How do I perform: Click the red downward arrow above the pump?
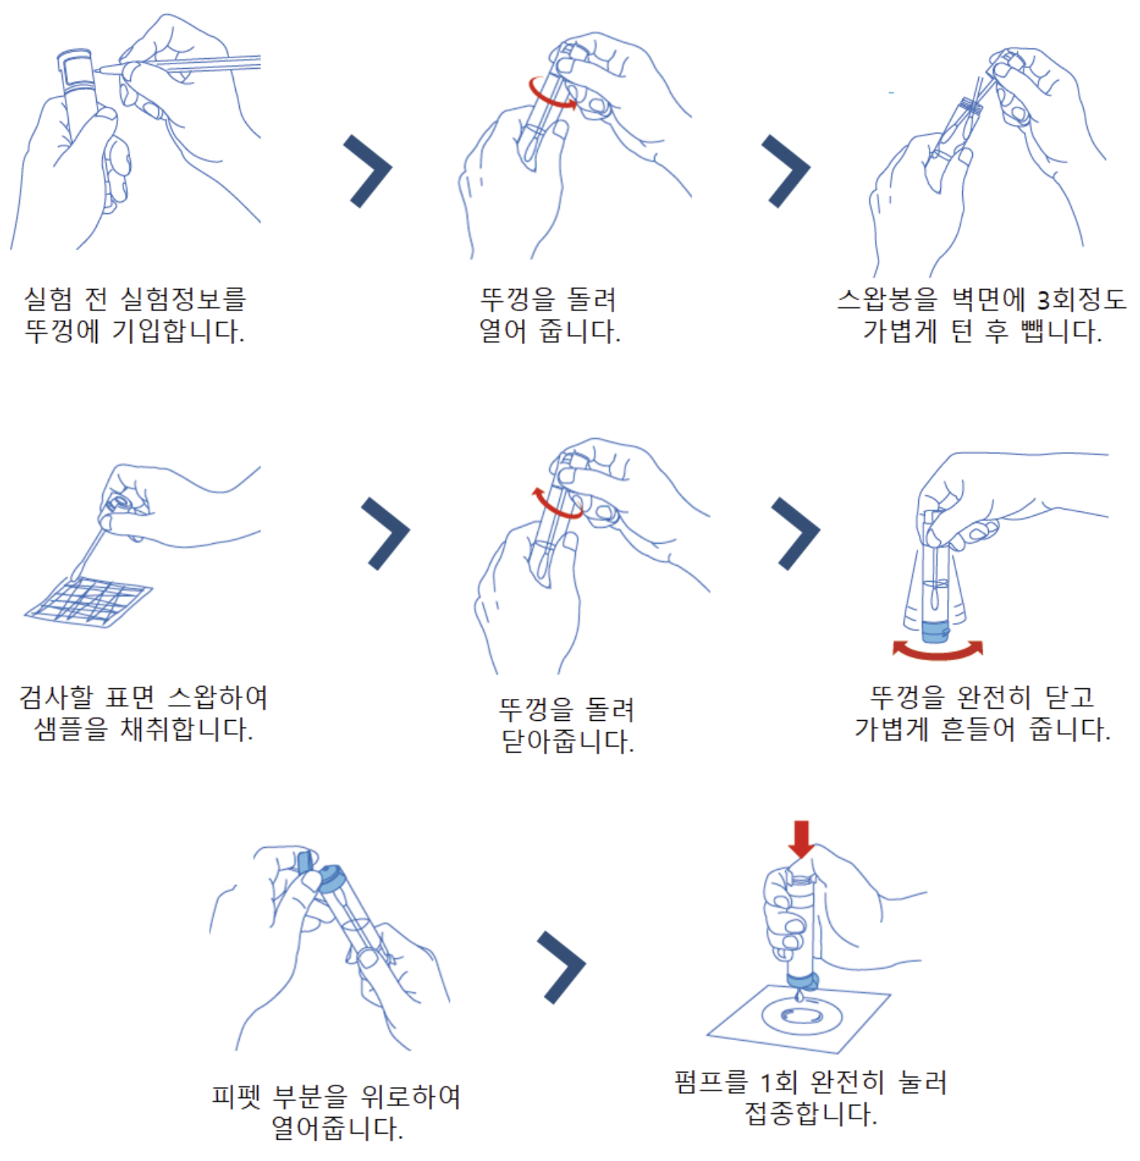(800, 839)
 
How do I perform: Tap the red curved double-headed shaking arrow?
(937, 651)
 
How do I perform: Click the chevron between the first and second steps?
(368, 171)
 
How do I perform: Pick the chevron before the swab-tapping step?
(786, 171)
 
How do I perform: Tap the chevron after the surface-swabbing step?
(386, 533)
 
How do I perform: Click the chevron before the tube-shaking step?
(796, 533)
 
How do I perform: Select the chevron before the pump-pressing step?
(561, 968)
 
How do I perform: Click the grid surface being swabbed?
(88, 602)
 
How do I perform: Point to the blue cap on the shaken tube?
(936, 631)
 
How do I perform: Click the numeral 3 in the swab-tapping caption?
(1043, 301)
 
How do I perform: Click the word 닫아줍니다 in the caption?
(567, 741)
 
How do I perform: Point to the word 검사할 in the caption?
(56, 697)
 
